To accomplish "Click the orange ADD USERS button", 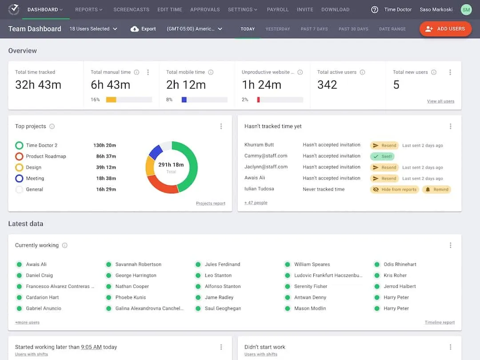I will [x=445, y=29].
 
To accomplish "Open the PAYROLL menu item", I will [x=278, y=9].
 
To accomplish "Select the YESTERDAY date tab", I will [x=278, y=29].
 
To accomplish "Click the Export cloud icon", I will [x=135, y=29].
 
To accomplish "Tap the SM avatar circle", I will [x=466, y=9].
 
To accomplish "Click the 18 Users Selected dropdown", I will [x=93, y=29].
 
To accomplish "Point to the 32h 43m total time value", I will [x=38, y=85].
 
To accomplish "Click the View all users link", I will [x=440, y=101].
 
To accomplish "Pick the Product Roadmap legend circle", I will [x=19, y=156].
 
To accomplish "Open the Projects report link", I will [x=211, y=204].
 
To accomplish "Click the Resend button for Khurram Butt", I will [x=384, y=145].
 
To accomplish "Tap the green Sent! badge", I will [x=382, y=156].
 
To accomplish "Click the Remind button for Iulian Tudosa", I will [x=436, y=189].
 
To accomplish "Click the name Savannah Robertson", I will [x=138, y=264].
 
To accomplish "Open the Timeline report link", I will [x=440, y=323].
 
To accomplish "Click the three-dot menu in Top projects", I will [x=221, y=126].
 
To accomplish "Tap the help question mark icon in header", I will [x=375, y=9].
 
